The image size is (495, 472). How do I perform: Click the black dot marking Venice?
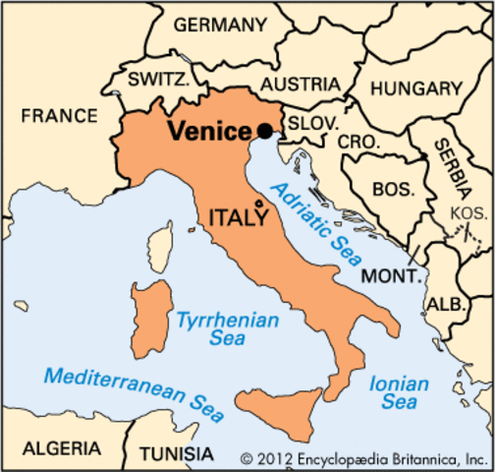pos(265,131)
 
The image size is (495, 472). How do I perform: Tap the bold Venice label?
pos(209,132)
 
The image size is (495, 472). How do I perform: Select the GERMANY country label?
pos(221,24)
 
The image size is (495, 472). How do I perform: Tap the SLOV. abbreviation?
pos(314,124)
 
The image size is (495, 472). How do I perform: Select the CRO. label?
pos(358,142)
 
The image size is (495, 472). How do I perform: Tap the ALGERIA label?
pos(61,448)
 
